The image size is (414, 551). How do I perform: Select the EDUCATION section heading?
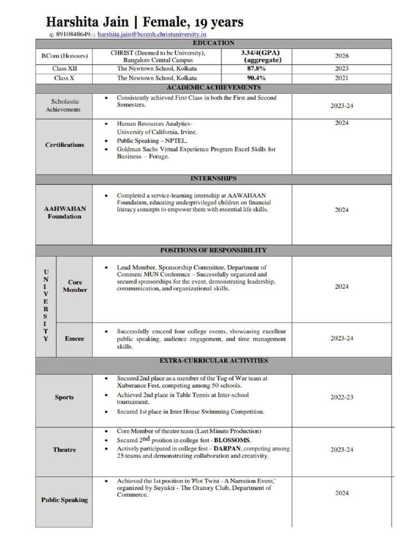click(x=213, y=43)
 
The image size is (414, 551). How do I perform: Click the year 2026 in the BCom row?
click(x=342, y=56)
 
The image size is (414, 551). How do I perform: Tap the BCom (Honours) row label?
click(x=64, y=56)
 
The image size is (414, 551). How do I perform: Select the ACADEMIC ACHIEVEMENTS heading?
click(x=213, y=87)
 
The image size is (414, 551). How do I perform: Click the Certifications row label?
click(x=65, y=145)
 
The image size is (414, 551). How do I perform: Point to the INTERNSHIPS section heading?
click(x=213, y=178)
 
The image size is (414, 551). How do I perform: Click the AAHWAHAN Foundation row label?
click(x=64, y=213)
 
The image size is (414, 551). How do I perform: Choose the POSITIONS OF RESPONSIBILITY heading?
click(x=213, y=250)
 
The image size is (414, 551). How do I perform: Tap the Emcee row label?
click(x=74, y=339)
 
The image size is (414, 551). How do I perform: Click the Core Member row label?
click(x=75, y=286)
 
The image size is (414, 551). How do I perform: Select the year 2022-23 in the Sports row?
click(x=342, y=397)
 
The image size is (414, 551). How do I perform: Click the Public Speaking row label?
click(x=64, y=500)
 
